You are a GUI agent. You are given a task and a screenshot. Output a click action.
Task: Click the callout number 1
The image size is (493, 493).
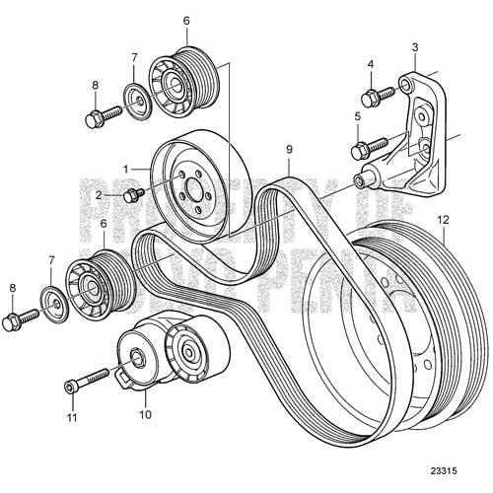point(125,169)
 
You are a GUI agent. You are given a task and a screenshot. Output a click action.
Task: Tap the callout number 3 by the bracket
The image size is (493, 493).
point(415,46)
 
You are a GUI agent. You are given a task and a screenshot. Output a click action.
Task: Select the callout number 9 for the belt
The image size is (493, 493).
point(288,150)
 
